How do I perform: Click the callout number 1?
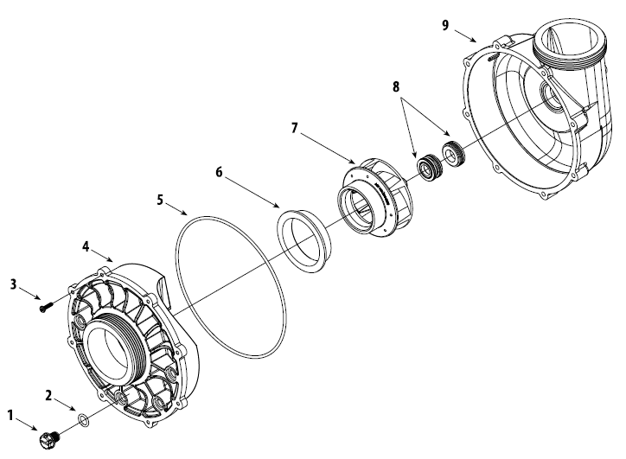coord(11,415)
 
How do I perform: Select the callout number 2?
coord(49,395)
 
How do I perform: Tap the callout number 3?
coord(13,283)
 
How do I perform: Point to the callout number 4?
coord(86,245)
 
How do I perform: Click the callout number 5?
coord(160,199)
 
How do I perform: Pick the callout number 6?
coord(219,172)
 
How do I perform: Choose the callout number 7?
coord(295,128)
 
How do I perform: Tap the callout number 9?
coord(445,25)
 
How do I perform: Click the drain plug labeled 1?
coord(46,438)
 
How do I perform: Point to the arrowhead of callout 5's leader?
coord(188,213)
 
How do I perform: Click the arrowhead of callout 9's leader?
coord(476,40)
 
